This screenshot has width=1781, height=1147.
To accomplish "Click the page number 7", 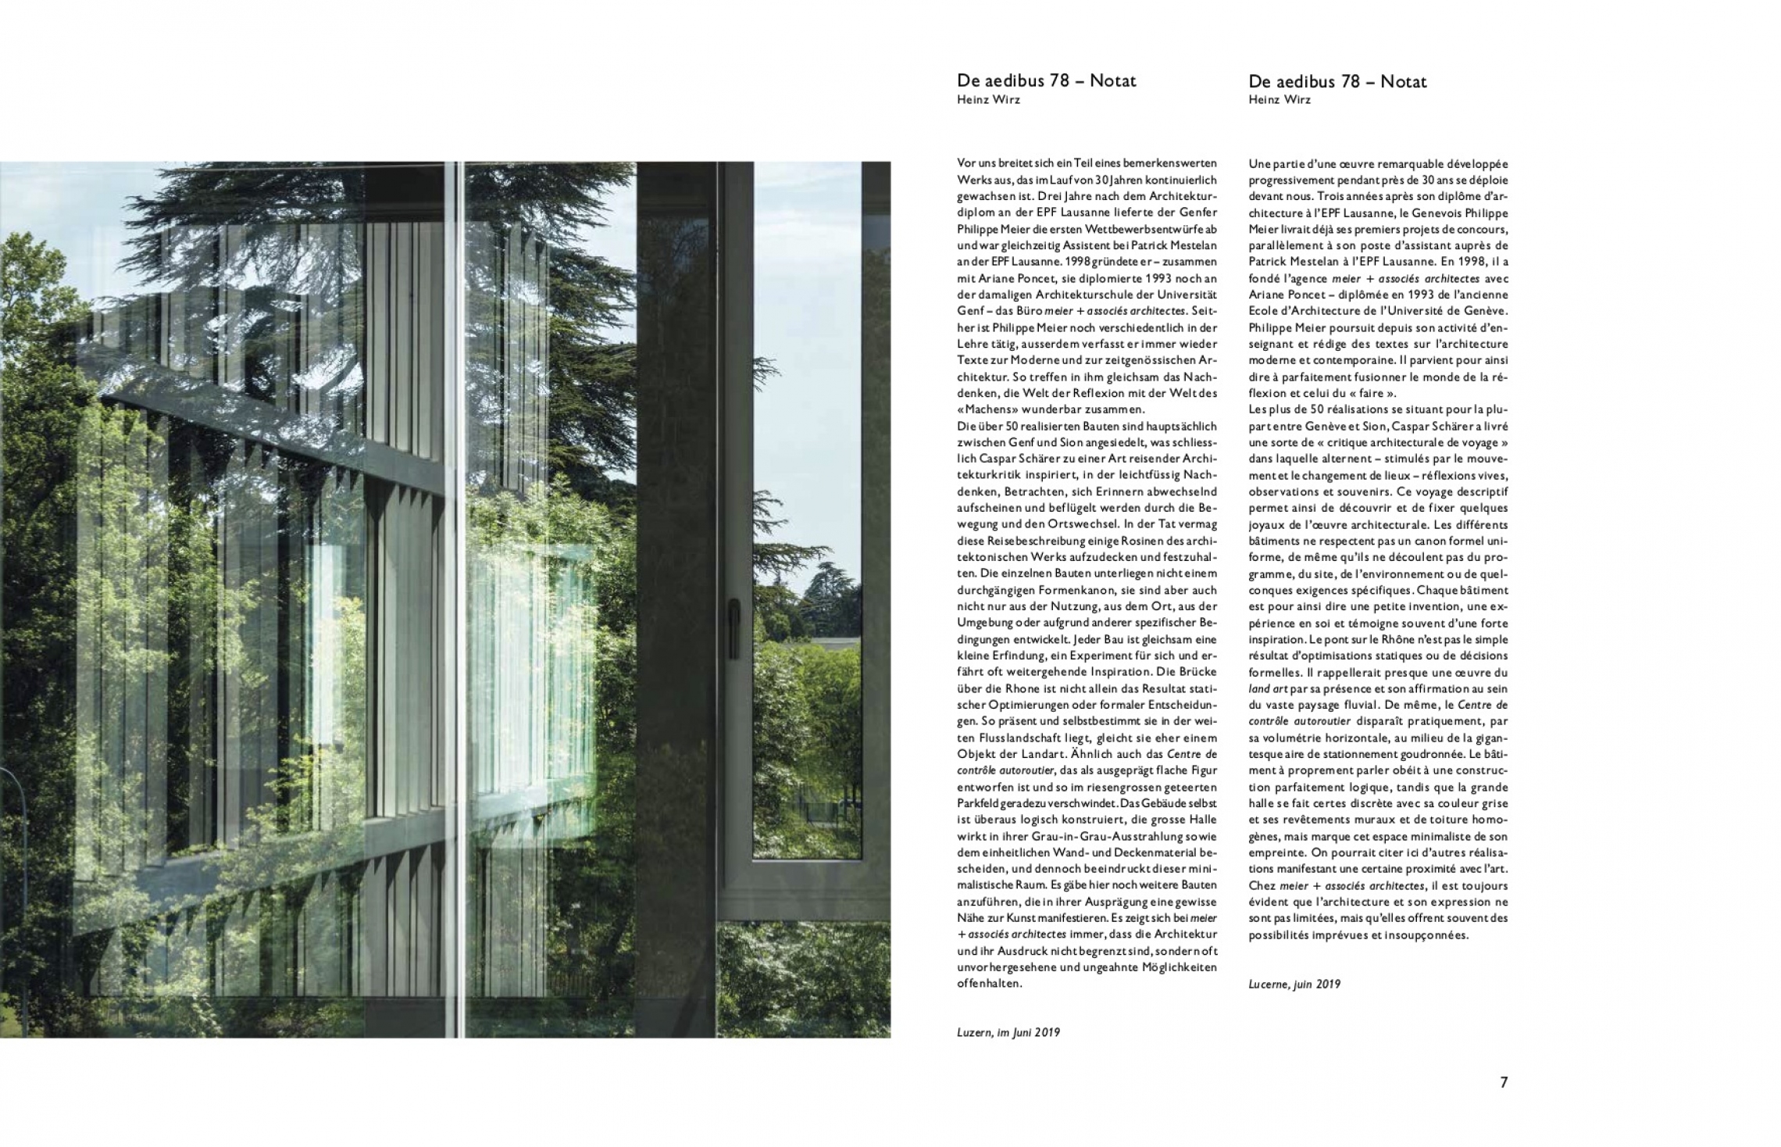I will pos(1503,1082).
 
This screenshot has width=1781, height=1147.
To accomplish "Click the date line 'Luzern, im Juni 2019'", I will pos(1008,1032).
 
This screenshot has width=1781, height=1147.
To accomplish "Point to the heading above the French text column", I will pos(1337,81).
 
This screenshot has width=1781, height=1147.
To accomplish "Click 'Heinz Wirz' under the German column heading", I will pos(987,99).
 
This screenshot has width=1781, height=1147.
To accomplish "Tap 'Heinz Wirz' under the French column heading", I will pos(1279,100).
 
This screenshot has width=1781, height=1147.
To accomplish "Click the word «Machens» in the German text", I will pos(988,409).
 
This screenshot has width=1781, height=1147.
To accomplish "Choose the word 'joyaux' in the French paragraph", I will pos(1267,524).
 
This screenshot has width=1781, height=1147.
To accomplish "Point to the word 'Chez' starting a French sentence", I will pos(1261,885).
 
